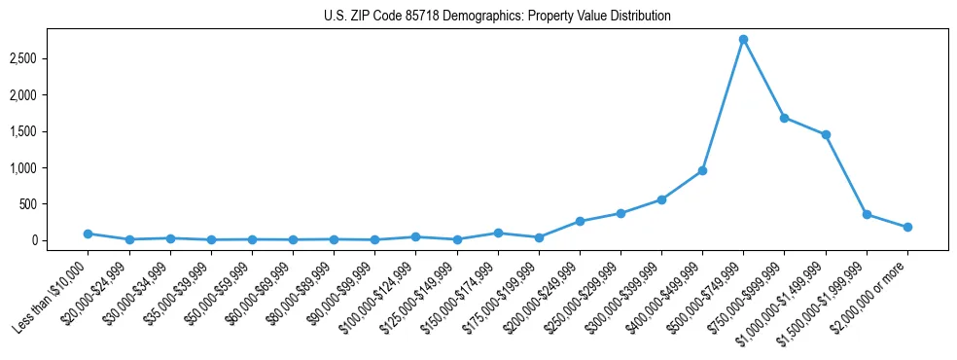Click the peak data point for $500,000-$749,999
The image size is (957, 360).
(x=743, y=40)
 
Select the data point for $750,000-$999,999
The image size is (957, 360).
(x=784, y=118)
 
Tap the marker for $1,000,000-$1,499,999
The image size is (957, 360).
(x=826, y=134)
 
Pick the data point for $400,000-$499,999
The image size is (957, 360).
(x=702, y=171)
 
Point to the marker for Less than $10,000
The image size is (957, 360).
(x=88, y=234)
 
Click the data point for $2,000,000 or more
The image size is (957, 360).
(x=907, y=227)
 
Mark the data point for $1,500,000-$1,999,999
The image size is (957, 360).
(x=867, y=214)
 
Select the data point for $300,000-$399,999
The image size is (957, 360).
(x=661, y=199)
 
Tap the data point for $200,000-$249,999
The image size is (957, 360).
(x=580, y=221)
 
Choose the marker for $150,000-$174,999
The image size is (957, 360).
(x=498, y=233)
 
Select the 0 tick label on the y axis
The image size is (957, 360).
(x=59, y=240)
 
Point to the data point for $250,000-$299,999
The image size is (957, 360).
(x=620, y=213)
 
